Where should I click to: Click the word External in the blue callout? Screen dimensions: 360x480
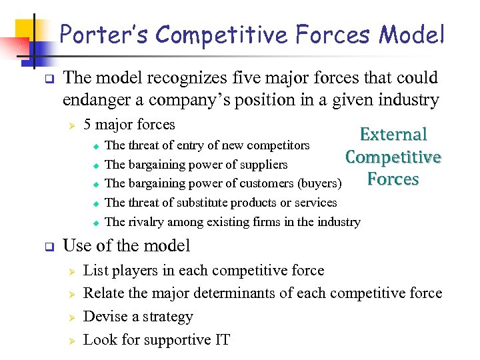coord(393,135)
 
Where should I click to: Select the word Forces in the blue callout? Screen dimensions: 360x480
coord(393,179)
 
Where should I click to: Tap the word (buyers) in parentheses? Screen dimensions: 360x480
coord(319,183)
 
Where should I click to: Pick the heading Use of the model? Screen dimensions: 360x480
coord(126,245)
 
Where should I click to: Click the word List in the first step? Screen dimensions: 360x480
coord(95,270)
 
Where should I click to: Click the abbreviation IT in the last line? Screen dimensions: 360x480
coord(221,339)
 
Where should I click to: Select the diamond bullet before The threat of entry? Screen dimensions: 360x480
coord(95,146)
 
